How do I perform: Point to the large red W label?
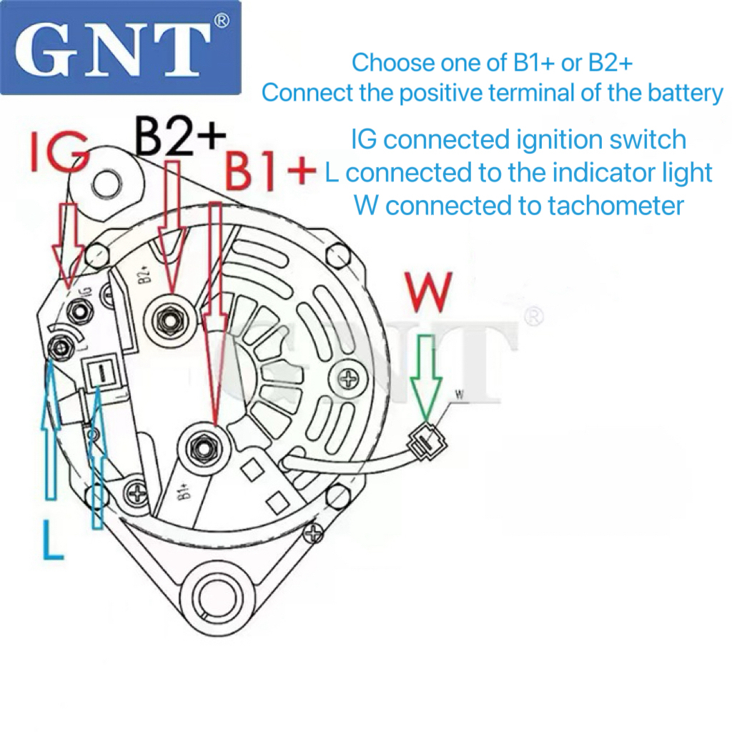(x=430, y=292)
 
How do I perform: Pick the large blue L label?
(x=53, y=540)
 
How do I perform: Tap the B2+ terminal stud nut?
(x=170, y=320)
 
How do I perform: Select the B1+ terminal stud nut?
(x=203, y=448)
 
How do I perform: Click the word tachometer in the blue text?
(x=606, y=206)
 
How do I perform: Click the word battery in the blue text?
(x=686, y=93)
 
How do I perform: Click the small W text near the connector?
(x=460, y=395)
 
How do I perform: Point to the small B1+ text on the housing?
(x=184, y=492)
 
